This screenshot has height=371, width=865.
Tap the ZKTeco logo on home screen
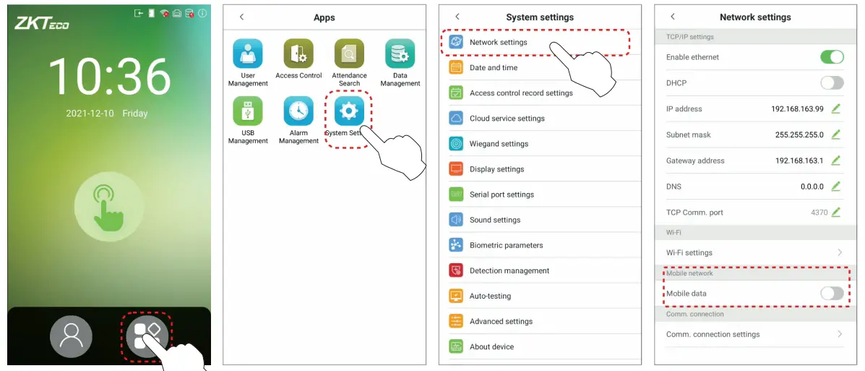(42, 23)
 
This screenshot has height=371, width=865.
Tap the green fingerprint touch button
(108, 206)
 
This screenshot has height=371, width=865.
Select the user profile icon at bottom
(71, 336)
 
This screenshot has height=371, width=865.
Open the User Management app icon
(248, 54)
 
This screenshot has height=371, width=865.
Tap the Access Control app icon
(298, 54)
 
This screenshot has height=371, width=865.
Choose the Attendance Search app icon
(349, 54)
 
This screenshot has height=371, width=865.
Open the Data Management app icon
(400, 54)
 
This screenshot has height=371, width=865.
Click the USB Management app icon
(248, 111)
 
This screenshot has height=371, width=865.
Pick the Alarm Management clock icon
(298, 111)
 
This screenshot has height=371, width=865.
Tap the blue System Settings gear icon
(349, 111)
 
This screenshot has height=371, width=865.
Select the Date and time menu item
(494, 68)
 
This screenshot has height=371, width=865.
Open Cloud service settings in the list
(507, 119)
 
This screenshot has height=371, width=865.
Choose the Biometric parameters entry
(506, 245)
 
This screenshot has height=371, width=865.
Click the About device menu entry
(491, 347)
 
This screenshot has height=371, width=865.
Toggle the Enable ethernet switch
(832, 57)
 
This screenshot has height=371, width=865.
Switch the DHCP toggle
(832, 83)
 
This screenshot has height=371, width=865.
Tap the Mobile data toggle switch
(832, 293)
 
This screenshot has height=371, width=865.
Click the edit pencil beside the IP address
(836, 108)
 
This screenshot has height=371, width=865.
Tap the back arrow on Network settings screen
(673, 17)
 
